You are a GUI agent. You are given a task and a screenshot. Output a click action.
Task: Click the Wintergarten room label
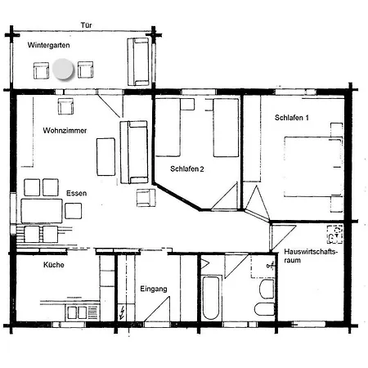click(48, 45)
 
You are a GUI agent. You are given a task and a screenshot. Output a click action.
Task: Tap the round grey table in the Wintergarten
click(63, 69)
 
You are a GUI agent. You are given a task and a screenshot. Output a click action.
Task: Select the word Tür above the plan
click(86, 25)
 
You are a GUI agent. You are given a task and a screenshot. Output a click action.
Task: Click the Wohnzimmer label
click(65, 131)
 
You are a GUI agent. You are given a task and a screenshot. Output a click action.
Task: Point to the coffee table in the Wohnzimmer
click(105, 157)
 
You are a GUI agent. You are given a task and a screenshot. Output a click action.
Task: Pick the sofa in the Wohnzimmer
click(134, 152)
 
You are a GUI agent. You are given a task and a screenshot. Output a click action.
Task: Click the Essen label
click(77, 193)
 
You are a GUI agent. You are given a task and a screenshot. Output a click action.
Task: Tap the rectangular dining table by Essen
click(42, 211)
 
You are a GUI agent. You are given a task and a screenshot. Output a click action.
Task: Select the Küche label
click(54, 265)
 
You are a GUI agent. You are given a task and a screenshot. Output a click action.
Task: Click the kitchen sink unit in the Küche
click(83, 312)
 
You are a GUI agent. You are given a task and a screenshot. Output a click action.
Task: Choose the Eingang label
click(154, 289)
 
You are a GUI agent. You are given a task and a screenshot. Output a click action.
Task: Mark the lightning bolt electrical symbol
click(122, 312)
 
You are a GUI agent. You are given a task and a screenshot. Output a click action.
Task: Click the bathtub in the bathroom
click(211, 298)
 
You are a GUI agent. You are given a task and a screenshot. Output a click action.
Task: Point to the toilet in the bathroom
click(264, 309)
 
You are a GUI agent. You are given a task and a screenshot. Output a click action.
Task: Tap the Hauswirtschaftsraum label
click(311, 256)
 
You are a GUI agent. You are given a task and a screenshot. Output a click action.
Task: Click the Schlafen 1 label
click(292, 118)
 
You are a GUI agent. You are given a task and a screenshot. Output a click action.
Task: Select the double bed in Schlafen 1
click(313, 166)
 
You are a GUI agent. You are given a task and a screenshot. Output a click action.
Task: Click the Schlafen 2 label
click(187, 169)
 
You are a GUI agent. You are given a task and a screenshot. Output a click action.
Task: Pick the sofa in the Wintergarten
click(138, 61)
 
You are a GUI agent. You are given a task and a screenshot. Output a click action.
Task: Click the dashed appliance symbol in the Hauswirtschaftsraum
click(335, 235)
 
